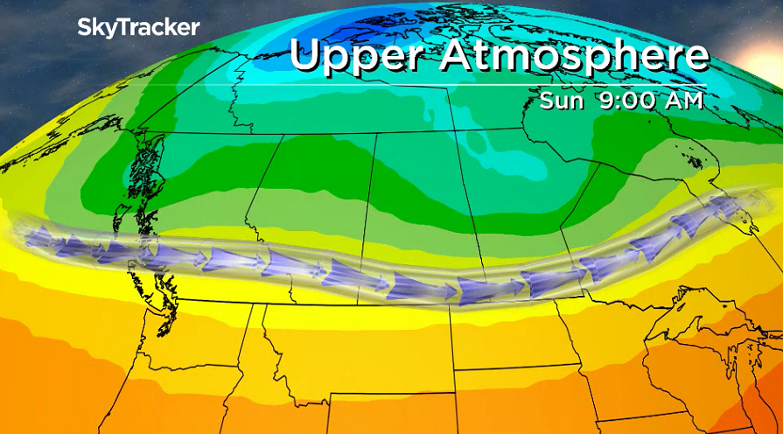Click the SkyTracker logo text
[x=138, y=27]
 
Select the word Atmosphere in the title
[x=572, y=55]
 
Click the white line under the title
[x=499, y=85]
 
